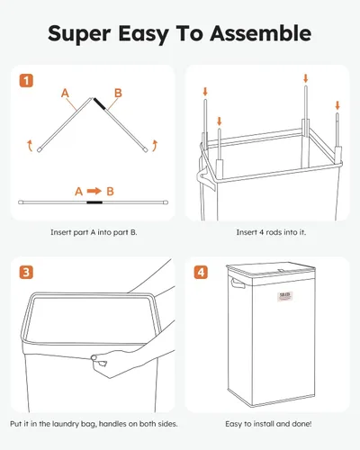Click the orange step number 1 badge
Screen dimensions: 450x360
tap(26, 80)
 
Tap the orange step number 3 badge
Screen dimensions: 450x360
tap(26, 273)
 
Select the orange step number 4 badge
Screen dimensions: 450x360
tap(203, 273)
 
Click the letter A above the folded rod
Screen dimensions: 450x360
tap(65, 92)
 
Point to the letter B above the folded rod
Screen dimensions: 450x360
tap(117, 92)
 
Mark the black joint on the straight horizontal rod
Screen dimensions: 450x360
tap(108, 202)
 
